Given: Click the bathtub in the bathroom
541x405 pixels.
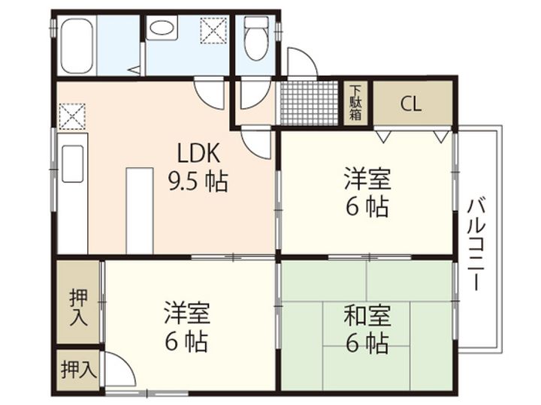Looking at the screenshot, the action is tap(77, 45).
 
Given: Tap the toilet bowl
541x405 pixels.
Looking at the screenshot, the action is tap(255, 38).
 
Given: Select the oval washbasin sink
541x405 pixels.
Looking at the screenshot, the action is tap(162, 28).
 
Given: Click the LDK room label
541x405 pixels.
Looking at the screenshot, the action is tap(198, 153).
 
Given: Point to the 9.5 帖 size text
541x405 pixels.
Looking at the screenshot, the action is tap(198, 181).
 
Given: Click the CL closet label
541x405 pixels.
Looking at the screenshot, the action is tap(411, 103).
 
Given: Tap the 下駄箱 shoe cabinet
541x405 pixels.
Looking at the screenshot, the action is tap(355, 103).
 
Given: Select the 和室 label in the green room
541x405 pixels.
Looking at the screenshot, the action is tap(367, 315).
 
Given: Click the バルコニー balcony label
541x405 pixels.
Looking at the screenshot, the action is tap(476, 244).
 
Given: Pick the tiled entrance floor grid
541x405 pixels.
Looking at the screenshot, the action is tap(309, 103).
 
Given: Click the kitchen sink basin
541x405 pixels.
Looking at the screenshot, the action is tap(72, 163).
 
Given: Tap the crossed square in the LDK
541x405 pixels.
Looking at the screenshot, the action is tap(72, 116).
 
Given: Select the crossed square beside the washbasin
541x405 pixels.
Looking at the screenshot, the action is tap(213, 31).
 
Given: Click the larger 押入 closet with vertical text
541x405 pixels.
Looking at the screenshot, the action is tap(78, 302).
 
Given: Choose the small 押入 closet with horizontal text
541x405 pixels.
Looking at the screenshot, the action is tap(78, 370).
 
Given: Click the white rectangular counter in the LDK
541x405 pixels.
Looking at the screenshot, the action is tap(140, 211).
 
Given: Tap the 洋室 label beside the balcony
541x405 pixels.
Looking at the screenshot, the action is tap(367, 178).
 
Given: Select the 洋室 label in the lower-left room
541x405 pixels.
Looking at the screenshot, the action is tap(187, 312).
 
